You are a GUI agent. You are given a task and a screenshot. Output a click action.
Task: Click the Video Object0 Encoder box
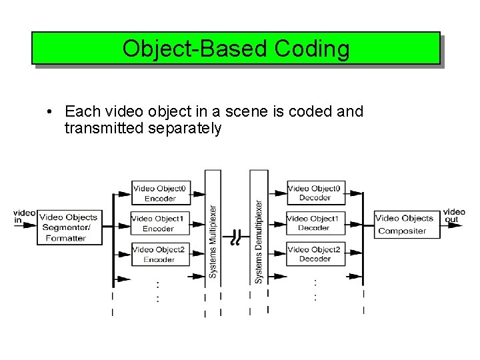(x=160, y=193)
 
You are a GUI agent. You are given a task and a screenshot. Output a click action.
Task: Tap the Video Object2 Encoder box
(x=159, y=254)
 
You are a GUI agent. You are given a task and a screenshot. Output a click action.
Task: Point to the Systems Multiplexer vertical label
(x=213, y=241)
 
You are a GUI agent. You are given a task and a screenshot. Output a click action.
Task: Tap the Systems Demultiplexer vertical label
(x=259, y=241)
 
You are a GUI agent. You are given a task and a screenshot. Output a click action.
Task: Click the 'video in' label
(x=24, y=217)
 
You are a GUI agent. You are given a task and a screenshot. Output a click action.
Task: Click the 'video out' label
(x=454, y=216)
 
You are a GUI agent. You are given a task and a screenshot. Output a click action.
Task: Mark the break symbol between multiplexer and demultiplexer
(x=235, y=237)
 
